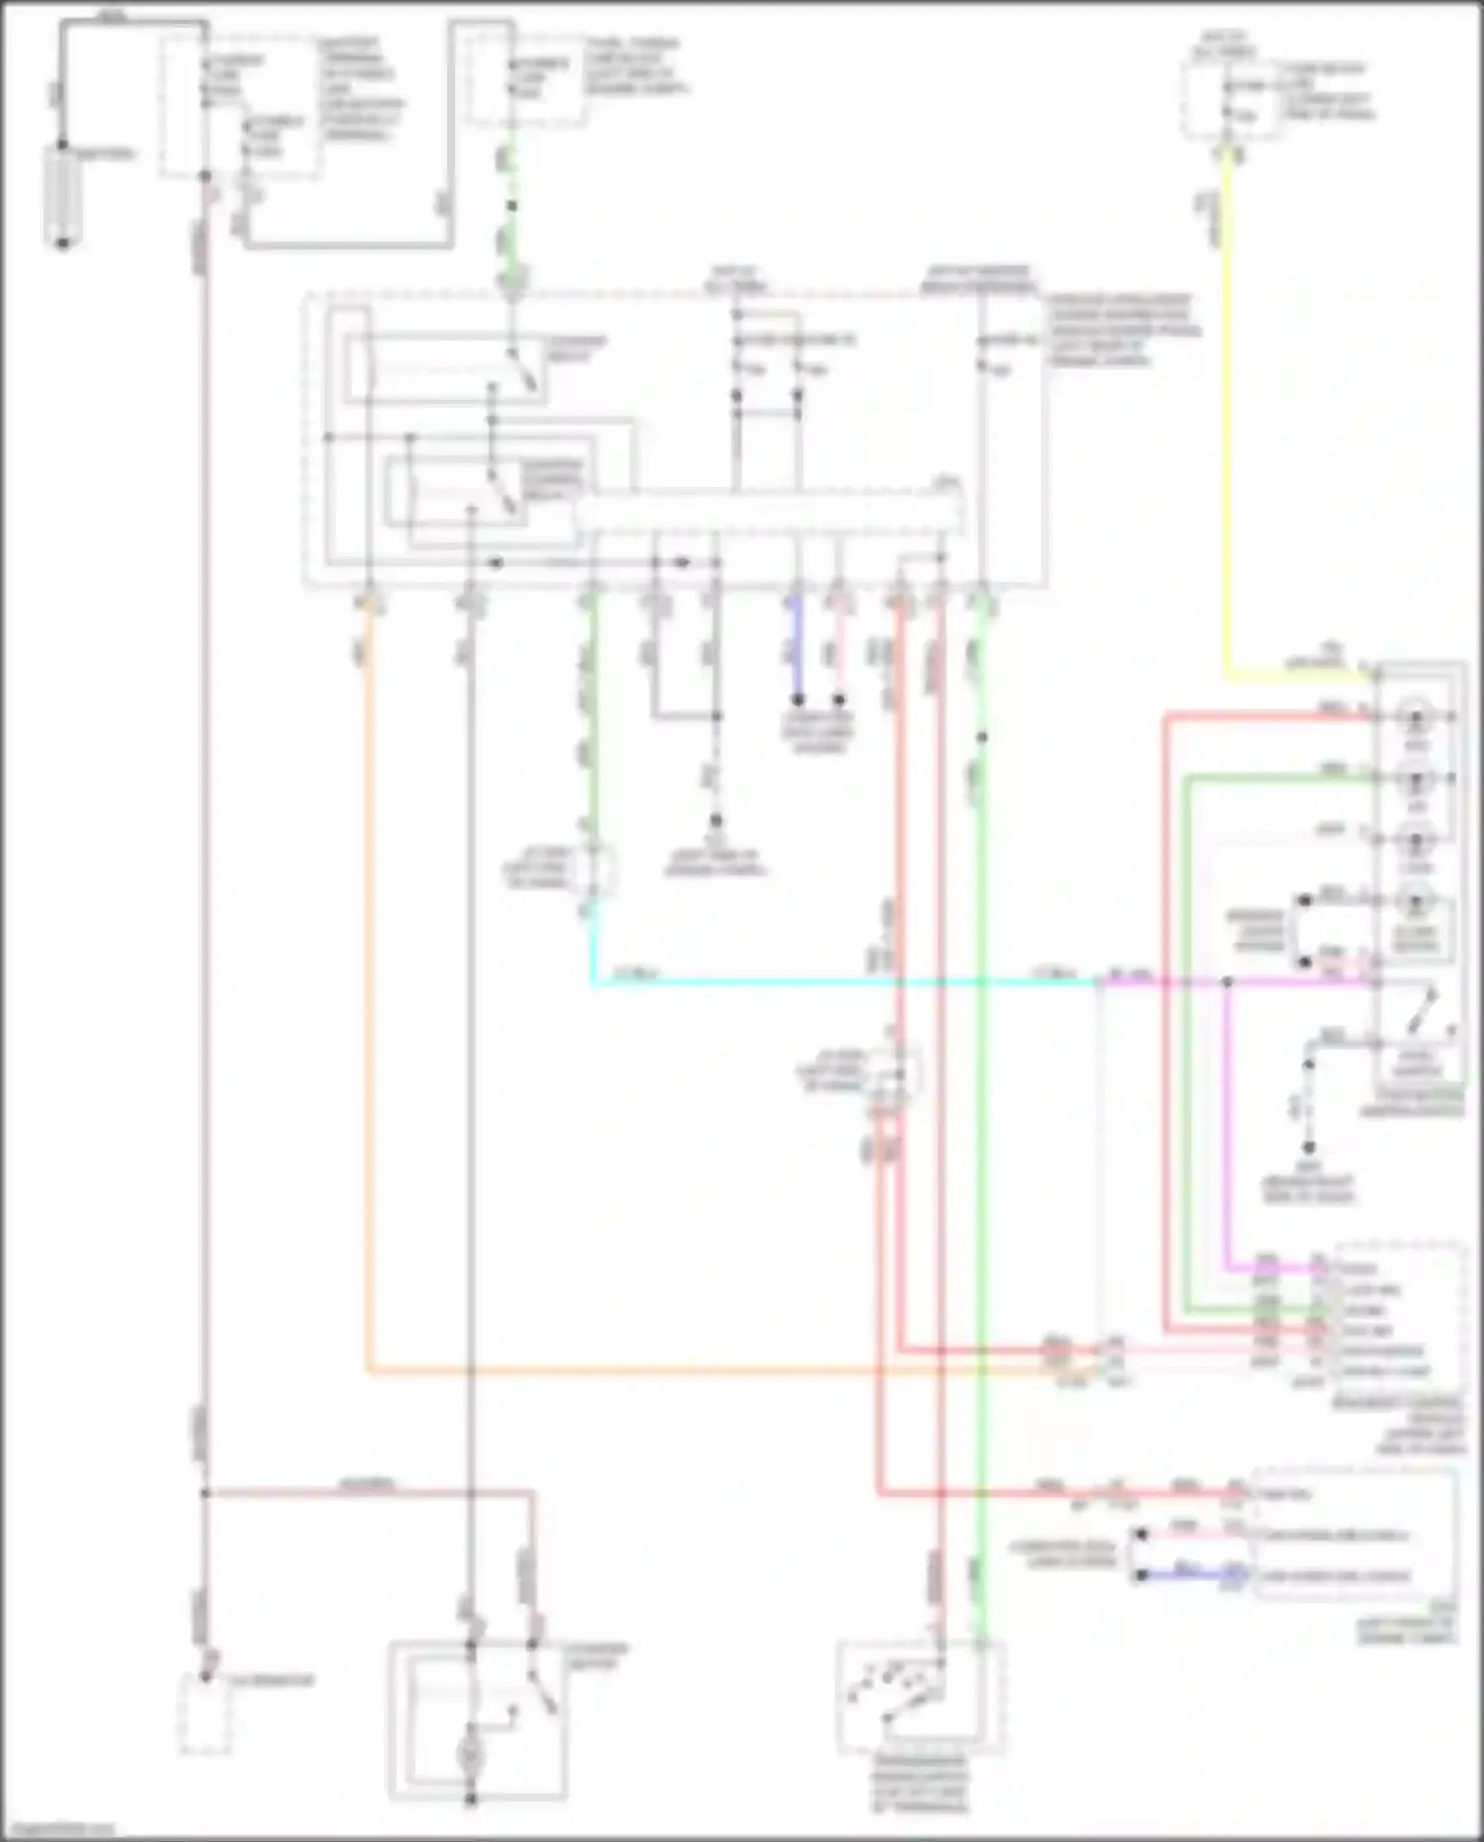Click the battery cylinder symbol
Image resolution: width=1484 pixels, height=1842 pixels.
point(61,195)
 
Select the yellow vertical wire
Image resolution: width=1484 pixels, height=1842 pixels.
point(1228,416)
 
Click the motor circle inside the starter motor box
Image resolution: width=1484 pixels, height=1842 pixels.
point(472,1754)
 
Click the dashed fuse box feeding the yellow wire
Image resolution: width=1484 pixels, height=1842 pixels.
point(1227,99)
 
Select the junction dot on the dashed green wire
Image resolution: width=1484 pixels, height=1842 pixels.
point(511,207)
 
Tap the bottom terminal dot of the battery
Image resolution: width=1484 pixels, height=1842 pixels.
point(62,242)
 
